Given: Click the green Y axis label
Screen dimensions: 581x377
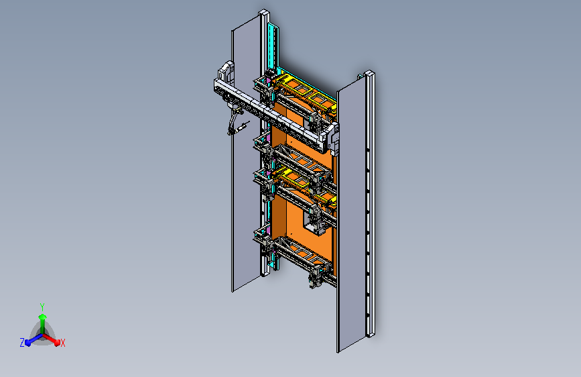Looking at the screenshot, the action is click(x=42, y=307).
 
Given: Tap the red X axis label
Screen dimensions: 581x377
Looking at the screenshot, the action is click(x=62, y=343).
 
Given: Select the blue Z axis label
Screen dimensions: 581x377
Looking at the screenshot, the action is click(x=22, y=343).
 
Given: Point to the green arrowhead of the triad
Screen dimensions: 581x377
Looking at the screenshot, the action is click(x=43, y=317).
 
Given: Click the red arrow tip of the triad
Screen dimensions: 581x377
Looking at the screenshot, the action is click(x=57, y=343).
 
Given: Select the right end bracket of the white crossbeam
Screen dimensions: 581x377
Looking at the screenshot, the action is click(x=333, y=138).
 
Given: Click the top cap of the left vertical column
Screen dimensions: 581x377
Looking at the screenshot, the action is click(x=264, y=13).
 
